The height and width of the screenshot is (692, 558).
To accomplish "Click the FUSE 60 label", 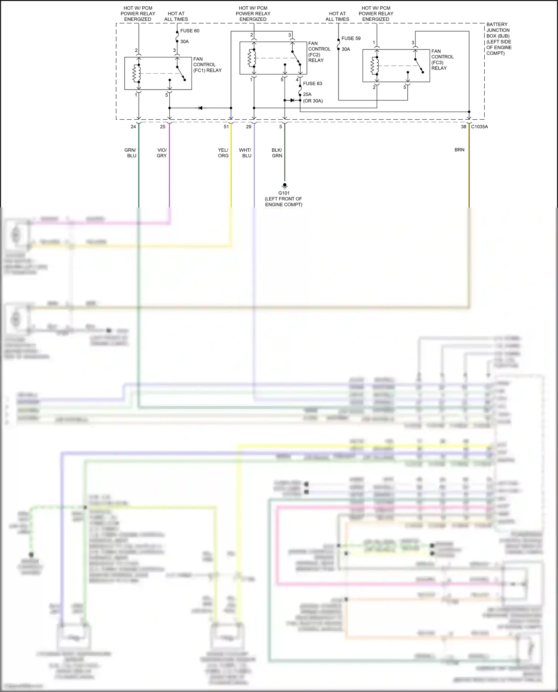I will [x=190, y=31].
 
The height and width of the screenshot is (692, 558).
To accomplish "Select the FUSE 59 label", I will [x=351, y=38].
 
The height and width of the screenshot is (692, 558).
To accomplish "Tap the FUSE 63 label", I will [x=312, y=84].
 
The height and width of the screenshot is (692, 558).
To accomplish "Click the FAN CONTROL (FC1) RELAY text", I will [x=207, y=65].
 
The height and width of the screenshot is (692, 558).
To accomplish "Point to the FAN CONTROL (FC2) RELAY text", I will [x=319, y=52].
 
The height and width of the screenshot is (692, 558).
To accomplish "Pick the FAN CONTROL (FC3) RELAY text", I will [x=442, y=59].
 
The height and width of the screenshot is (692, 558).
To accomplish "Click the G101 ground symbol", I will [x=285, y=185].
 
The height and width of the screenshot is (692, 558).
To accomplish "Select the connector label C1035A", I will [x=479, y=127].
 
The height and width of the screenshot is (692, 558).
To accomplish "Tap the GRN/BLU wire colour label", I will [x=131, y=153].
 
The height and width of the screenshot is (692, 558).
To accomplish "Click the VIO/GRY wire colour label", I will [x=162, y=153].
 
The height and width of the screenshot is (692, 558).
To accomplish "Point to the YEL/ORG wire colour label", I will [x=223, y=153].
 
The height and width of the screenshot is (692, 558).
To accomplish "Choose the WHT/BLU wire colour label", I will [x=246, y=153].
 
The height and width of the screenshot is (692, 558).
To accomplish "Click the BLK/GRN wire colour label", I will [x=277, y=153].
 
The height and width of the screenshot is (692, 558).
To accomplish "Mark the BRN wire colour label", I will [x=459, y=150].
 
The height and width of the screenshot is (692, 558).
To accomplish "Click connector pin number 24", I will [x=133, y=127].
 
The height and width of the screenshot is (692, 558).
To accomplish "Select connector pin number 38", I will [x=464, y=127].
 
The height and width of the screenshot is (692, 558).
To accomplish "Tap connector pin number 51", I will [x=226, y=127].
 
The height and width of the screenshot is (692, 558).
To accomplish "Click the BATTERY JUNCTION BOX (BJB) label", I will [x=499, y=39].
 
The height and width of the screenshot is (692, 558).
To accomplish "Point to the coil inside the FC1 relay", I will [x=136, y=73].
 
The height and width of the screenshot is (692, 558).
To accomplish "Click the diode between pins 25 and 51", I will [x=200, y=108].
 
